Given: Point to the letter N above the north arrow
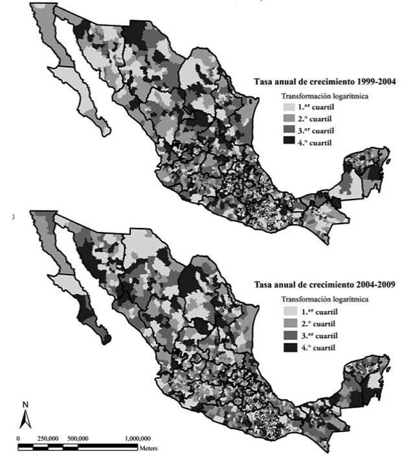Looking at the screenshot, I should click(x=25, y=405).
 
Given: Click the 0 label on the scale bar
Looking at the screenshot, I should click(x=18, y=439).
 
